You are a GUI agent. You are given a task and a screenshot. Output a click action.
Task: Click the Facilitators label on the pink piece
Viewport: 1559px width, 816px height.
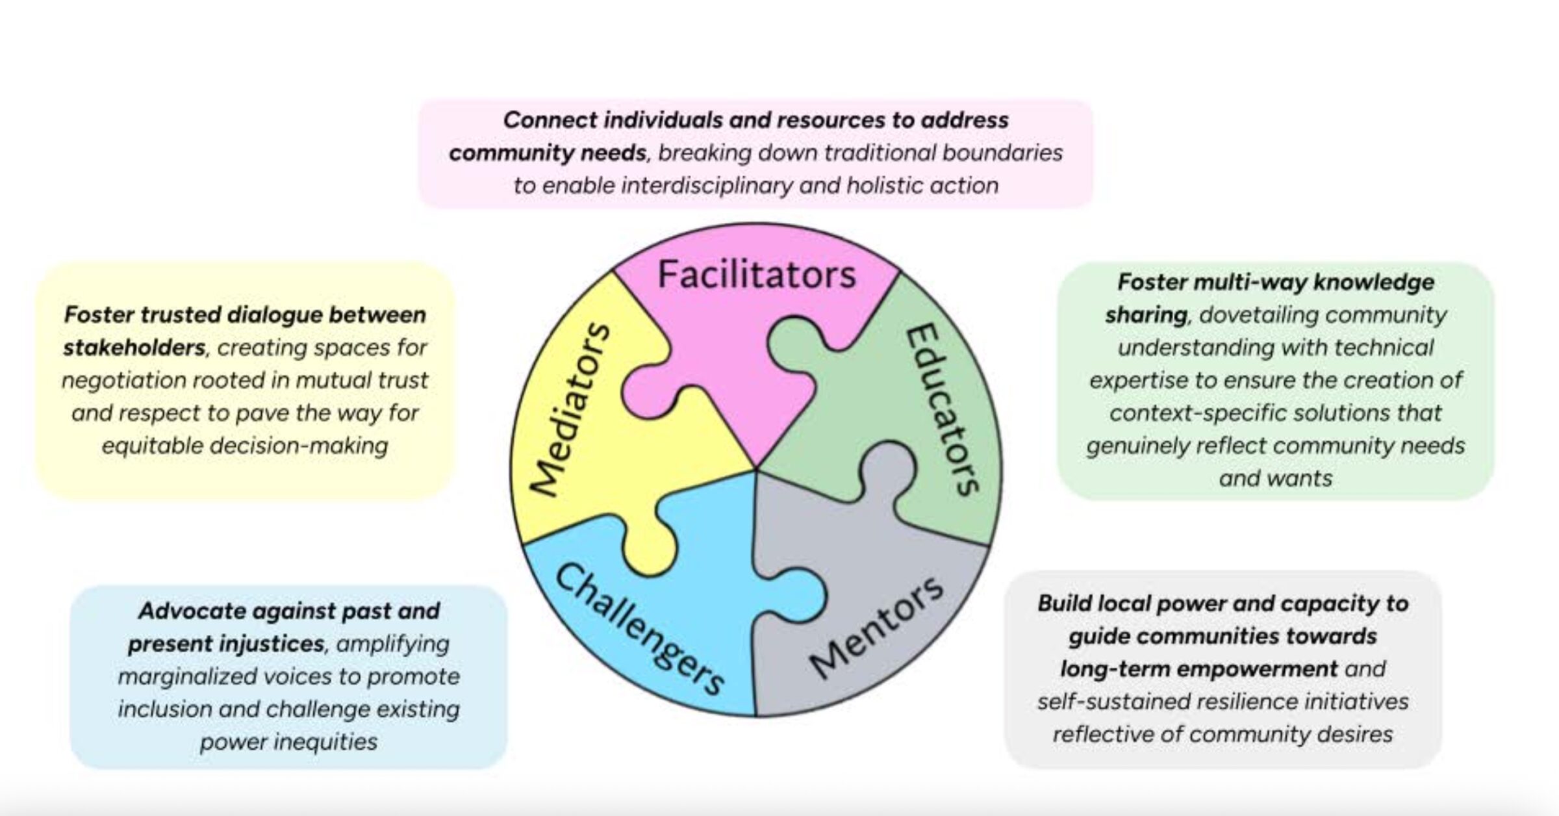(x=757, y=274)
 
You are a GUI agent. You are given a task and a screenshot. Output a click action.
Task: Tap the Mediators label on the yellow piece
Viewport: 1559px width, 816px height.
(x=570, y=409)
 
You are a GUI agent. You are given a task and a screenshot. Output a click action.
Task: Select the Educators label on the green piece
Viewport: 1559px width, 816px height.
(x=942, y=409)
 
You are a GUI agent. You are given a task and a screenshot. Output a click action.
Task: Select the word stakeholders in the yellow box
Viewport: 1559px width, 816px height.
(x=134, y=348)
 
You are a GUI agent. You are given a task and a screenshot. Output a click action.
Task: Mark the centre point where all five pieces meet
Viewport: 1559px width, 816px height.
(x=756, y=469)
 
